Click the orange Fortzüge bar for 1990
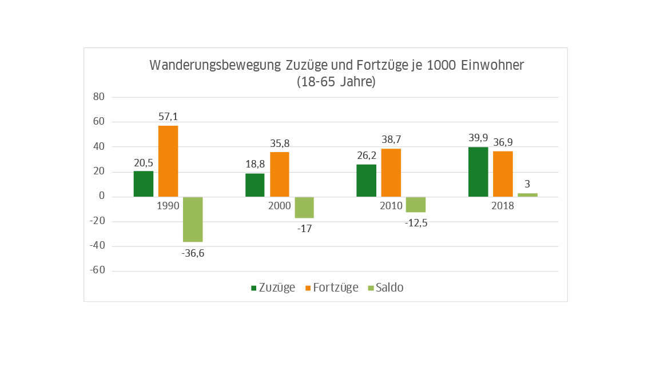tap(168, 161)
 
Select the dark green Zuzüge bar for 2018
tap(478, 172)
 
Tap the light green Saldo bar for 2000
tap(304, 208)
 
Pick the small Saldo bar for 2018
tap(528, 195)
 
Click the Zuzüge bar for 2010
tap(366, 181)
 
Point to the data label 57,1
tap(168, 117)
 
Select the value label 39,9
tap(478, 138)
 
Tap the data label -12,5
tap(416, 223)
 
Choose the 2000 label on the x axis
tap(280, 206)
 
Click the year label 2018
tap(502, 206)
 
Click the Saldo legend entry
tap(385, 288)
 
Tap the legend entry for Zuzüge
tap(273, 288)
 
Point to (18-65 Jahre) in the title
tap(336, 82)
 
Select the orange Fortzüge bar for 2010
tap(391, 173)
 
